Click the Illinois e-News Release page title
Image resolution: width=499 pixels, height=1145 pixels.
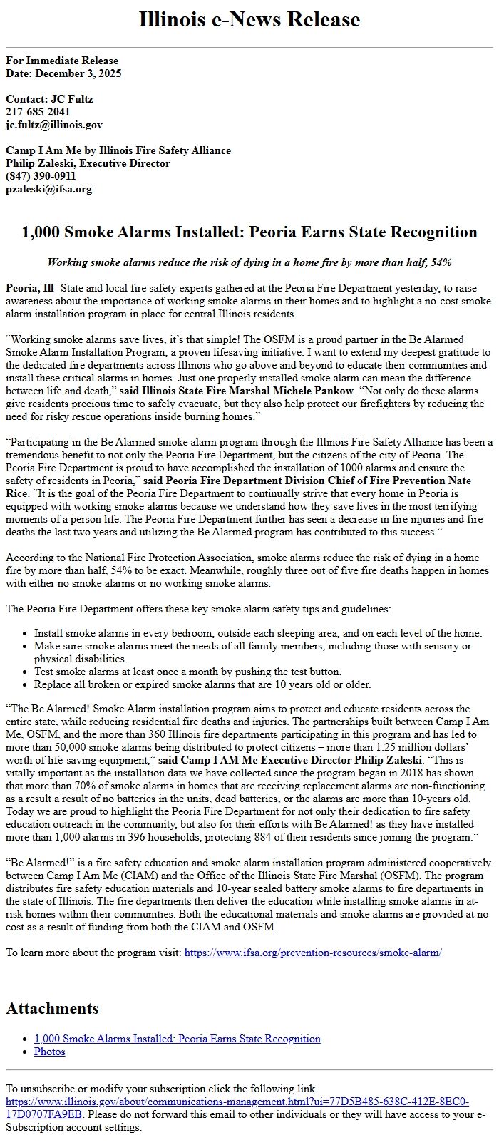coord(249,19)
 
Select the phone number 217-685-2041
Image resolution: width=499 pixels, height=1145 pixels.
coord(38,112)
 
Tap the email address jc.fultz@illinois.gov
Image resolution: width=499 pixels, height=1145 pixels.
coord(54,125)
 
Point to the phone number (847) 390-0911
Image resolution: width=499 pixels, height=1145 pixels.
coord(41,176)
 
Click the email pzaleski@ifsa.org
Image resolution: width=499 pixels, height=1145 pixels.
coord(48,189)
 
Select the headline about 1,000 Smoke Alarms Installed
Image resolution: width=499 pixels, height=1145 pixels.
coord(249,232)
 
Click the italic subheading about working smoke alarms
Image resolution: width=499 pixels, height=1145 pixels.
coord(249,262)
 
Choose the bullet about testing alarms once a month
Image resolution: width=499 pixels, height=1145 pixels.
coord(187,672)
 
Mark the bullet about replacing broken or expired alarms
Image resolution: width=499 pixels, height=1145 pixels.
coord(202,684)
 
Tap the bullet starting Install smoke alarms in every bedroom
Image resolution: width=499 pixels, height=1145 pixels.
coord(257,633)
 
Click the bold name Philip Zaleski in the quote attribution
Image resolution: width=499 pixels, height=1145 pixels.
coord(385,760)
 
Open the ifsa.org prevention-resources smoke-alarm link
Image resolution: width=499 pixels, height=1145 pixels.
coord(313,953)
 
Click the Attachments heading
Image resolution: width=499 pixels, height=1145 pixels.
coord(52,1008)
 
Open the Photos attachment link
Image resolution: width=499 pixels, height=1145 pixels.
coord(49,1052)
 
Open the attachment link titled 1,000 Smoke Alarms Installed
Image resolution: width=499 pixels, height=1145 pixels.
coord(177,1039)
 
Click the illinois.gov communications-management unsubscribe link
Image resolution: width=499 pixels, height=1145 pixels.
coord(237,1102)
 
